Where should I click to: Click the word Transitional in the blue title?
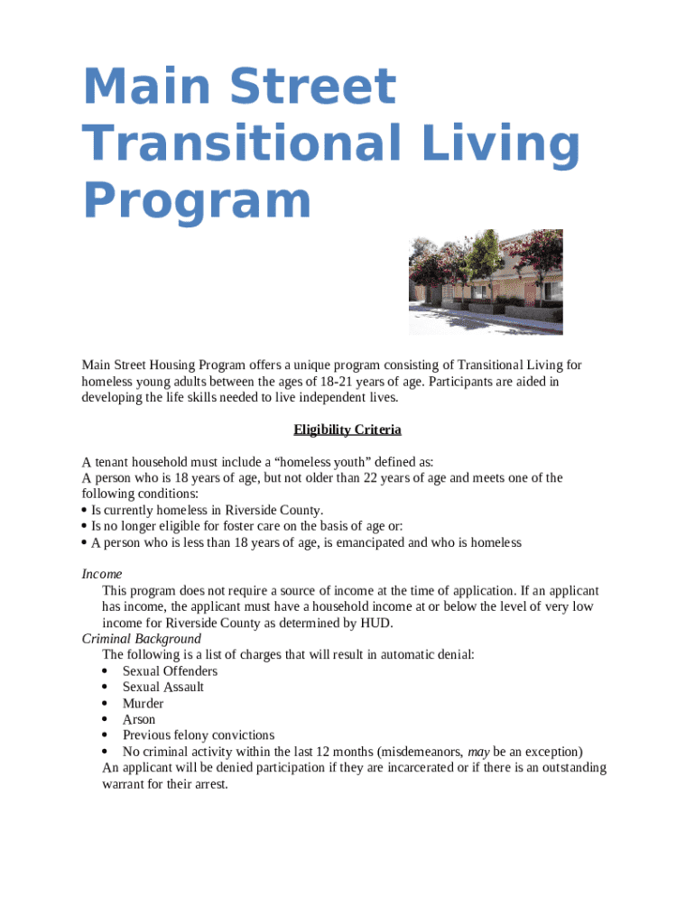225,144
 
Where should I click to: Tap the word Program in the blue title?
197,200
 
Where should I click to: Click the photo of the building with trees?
486,282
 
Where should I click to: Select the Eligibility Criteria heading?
347,430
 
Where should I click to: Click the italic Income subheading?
101,574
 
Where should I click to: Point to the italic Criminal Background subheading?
141,639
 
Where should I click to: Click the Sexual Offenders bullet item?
170,671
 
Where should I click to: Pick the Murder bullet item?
143,704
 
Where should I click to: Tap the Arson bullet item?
139,720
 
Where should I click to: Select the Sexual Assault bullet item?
163,688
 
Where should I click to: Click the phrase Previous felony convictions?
199,736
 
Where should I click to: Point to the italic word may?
478,752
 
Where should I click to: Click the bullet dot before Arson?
106,720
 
